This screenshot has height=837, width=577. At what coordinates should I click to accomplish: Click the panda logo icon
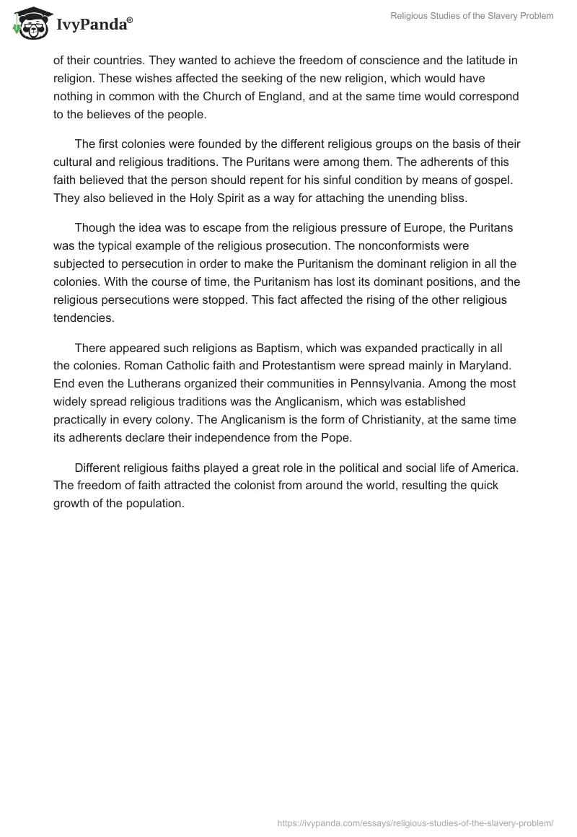pyautogui.click(x=29, y=23)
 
